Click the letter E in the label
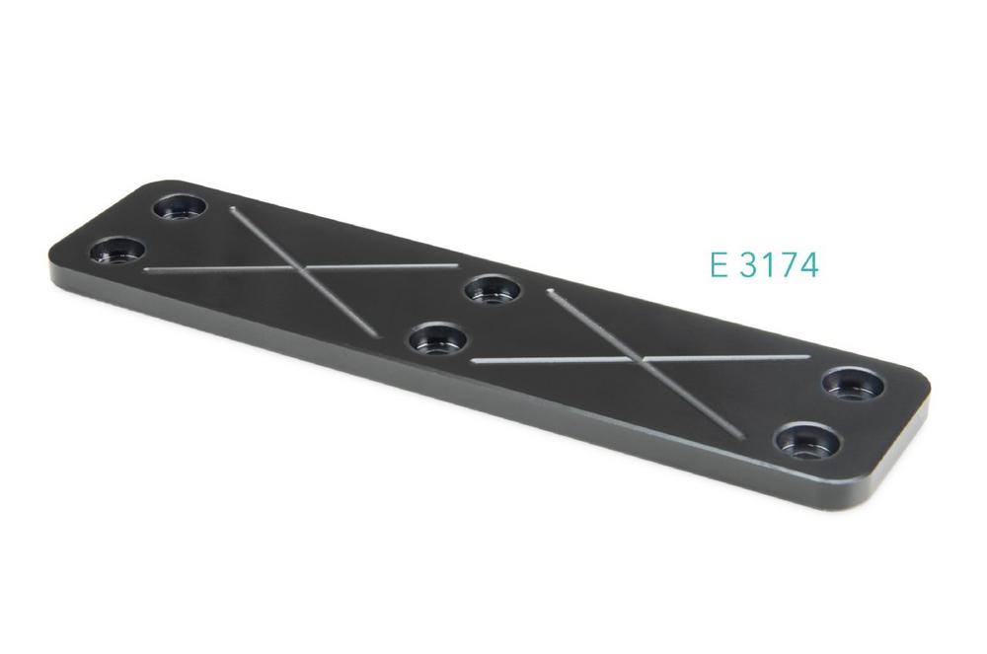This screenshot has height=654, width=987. click(719, 264)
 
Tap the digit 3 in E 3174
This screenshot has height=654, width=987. click(749, 264)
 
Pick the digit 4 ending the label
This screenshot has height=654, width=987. click(807, 264)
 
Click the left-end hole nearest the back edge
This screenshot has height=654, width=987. click(180, 206)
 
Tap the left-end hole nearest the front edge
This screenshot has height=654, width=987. click(117, 250)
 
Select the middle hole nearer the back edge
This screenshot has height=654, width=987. click(493, 290)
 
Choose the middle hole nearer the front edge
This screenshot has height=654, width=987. click(437, 339)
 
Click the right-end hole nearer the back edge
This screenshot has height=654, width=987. click(853, 384)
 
